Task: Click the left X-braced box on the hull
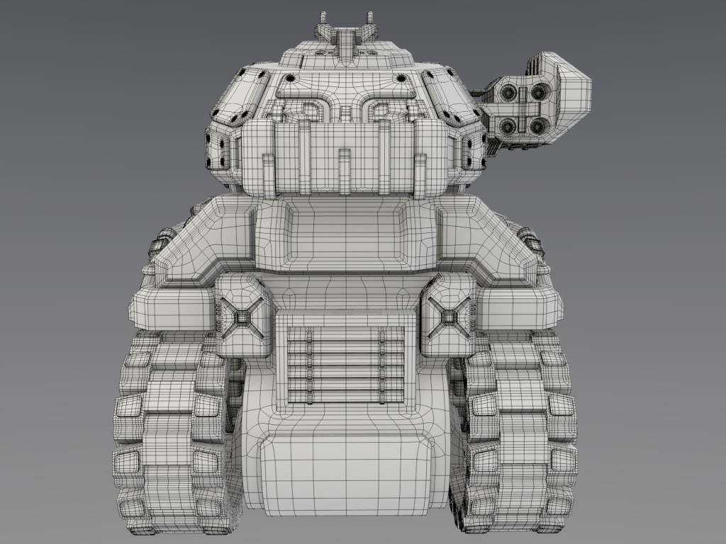[x=245, y=316]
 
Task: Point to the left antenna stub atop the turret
[x=323, y=19]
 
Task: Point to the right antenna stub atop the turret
[x=369, y=19]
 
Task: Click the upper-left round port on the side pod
[x=508, y=92]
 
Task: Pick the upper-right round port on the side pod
[x=539, y=91]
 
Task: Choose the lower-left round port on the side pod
[x=508, y=126]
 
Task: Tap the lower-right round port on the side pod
[x=538, y=126]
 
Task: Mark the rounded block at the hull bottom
[x=345, y=471]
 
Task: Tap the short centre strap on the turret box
[x=345, y=170]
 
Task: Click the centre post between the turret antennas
[x=345, y=40]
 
